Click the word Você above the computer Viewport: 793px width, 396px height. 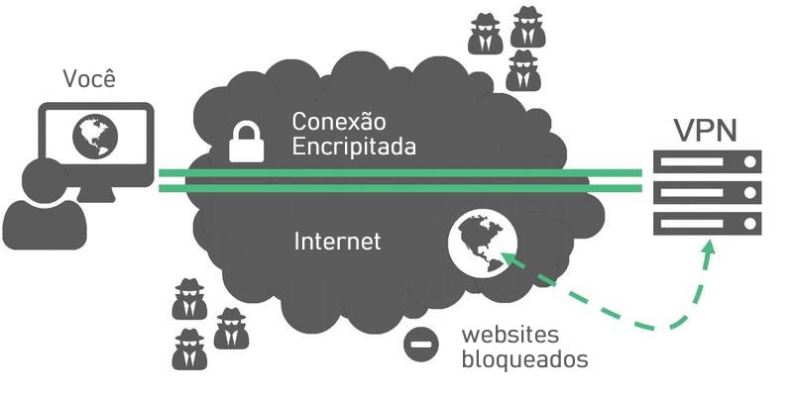[89, 78]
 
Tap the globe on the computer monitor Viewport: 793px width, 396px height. [95, 136]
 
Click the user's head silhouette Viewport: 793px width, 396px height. [45, 180]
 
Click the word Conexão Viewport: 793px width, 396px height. [339, 121]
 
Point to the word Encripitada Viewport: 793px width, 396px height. [354, 147]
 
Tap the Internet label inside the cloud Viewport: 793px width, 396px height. [337, 241]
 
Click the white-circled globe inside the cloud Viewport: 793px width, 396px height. [483, 243]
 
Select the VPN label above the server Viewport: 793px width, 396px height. [706, 130]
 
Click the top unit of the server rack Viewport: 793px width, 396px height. [707, 161]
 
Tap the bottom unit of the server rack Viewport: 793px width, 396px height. [707, 224]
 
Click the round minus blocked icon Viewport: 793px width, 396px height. [420, 345]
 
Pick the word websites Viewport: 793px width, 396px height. [510, 335]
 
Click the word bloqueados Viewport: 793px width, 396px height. [524, 359]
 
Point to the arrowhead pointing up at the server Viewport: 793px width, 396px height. [710, 247]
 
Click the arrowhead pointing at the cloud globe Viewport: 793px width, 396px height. [510, 259]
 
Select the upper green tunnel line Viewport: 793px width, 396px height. [400, 173]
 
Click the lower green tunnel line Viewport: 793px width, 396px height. [400, 188]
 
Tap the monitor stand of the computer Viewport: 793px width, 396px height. [97, 194]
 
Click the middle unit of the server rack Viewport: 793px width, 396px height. [707, 192]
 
